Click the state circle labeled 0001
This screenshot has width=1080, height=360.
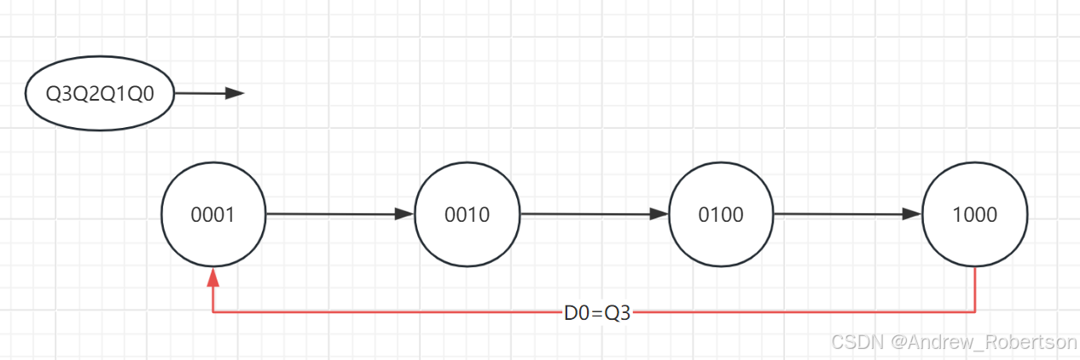point(213,214)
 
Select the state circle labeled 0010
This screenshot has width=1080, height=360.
point(467,214)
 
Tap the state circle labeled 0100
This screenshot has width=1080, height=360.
point(722,214)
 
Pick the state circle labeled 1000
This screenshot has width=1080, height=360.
point(975,214)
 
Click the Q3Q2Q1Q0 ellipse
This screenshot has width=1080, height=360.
point(100,93)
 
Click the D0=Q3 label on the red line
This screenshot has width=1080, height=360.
point(596,313)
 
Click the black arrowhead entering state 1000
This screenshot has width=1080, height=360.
point(914,214)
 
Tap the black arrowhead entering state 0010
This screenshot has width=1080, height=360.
point(404,214)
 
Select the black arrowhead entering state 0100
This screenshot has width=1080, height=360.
point(659,214)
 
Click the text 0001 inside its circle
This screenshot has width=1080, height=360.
point(213,214)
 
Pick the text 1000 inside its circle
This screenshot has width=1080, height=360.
point(975,214)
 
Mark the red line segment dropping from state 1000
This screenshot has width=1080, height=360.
point(975,290)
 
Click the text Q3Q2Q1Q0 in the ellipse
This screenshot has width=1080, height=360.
point(100,93)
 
